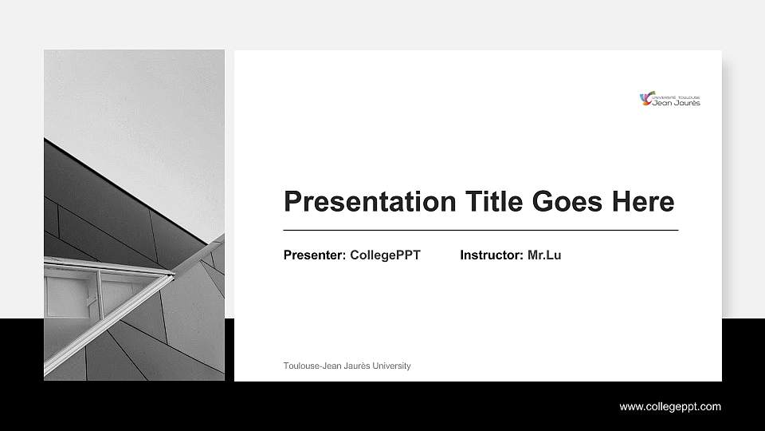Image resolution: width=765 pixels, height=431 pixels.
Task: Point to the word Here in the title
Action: tap(643, 202)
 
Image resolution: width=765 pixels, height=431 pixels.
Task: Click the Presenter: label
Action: tap(314, 255)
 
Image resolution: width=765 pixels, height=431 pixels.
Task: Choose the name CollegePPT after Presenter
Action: tap(385, 255)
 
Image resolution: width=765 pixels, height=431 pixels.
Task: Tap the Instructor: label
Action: tap(492, 255)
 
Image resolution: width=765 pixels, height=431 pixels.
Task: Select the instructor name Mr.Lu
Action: tap(544, 255)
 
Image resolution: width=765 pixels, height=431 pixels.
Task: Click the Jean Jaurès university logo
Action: tap(670, 99)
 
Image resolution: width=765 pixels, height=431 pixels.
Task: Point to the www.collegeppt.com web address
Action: tap(670, 407)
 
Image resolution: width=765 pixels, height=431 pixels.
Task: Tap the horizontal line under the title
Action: tap(481, 230)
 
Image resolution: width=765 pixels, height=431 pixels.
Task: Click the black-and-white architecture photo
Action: tap(134, 215)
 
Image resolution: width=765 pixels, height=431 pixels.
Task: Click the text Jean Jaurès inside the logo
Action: tap(677, 102)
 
